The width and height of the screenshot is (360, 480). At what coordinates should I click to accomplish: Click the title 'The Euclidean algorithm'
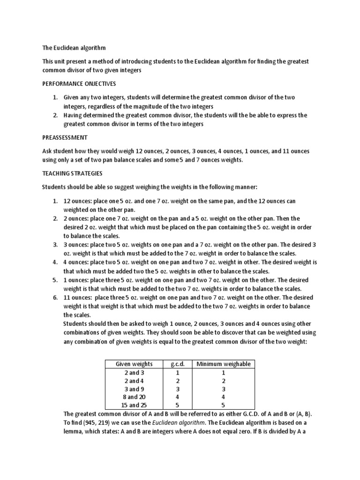pos(74,48)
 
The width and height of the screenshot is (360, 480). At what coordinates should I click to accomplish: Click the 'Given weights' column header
pos(134,364)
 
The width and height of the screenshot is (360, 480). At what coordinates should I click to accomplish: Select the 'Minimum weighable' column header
pos(223,364)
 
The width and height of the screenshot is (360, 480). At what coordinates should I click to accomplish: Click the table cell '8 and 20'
pos(134,397)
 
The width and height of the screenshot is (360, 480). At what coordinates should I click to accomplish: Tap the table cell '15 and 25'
pos(134,405)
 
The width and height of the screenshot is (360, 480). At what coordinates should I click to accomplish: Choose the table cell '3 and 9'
pos(134,389)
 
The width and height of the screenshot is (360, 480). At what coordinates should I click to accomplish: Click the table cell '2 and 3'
pos(134,372)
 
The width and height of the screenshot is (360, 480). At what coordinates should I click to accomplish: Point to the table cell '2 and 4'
pos(134,381)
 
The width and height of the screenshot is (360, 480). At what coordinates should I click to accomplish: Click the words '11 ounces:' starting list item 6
pos(77,298)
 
